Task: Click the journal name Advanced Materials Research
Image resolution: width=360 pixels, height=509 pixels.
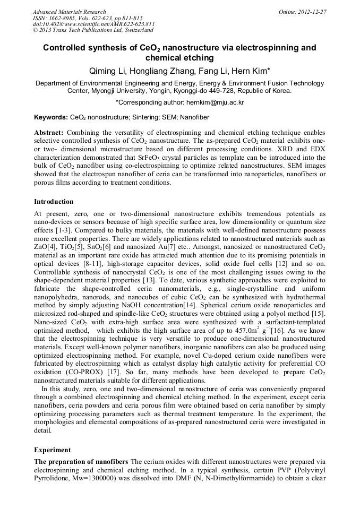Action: point(69,12)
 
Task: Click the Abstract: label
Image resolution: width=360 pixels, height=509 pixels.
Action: point(49,132)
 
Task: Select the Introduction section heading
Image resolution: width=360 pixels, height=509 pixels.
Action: point(54,202)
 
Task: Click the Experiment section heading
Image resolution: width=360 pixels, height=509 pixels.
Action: point(52,450)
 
